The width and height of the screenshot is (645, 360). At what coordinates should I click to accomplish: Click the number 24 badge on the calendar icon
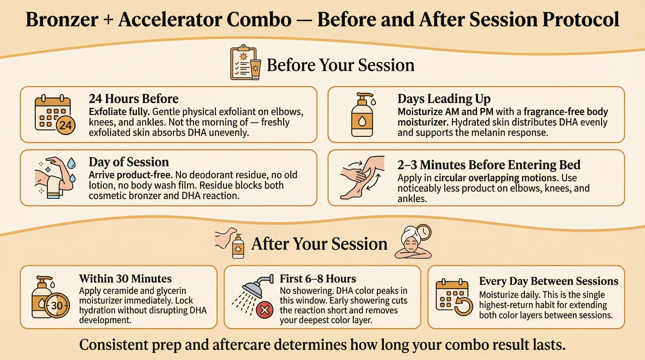tap(66, 125)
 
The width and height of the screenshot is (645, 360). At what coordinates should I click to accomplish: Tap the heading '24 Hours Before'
tap(133, 99)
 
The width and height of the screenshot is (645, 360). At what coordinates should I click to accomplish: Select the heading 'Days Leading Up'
tap(444, 99)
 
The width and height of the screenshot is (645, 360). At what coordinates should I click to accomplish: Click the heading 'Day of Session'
tap(129, 162)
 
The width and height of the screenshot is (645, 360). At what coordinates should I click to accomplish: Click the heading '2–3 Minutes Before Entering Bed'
tap(489, 165)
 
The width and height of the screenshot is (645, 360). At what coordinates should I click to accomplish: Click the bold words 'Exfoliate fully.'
tap(119, 111)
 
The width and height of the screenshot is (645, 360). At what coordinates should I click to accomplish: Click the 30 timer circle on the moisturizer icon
tap(57, 306)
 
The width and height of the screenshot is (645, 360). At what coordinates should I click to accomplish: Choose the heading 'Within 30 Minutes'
tap(125, 279)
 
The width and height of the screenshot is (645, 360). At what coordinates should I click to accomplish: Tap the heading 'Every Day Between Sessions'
tap(548, 281)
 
